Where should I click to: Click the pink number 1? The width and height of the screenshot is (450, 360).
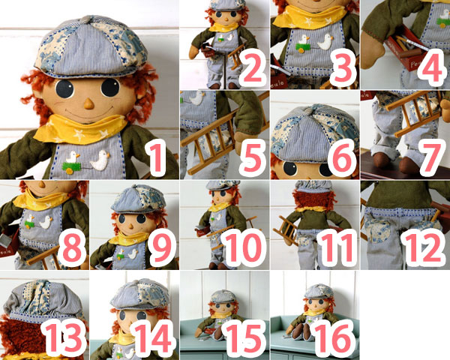(157, 157)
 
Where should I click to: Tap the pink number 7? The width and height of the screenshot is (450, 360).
(431, 157)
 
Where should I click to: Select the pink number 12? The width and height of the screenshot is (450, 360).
(423, 247)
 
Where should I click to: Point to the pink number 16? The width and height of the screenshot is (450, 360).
(334, 337)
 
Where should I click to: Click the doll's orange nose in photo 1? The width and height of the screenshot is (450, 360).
(88, 103)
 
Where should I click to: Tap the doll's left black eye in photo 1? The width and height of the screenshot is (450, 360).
(64, 89)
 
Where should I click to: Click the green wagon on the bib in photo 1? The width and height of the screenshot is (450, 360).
(71, 167)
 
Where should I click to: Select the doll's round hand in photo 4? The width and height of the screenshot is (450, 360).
(373, 51)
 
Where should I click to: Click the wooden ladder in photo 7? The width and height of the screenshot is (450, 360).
(413, 113)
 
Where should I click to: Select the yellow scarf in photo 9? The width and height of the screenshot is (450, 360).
(128, 238)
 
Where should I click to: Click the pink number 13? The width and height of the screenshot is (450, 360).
(64, 337)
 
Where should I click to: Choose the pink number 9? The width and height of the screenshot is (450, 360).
(163, 247)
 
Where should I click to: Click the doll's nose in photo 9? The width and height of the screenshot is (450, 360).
(130, 226)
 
